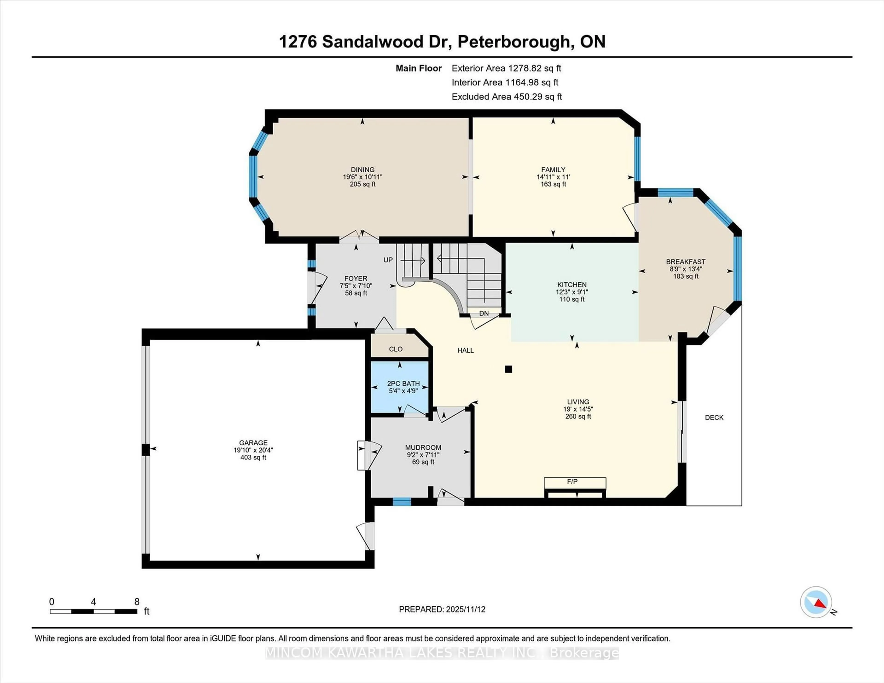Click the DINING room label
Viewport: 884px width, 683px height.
point(362,170)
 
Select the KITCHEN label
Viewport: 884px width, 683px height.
point(572,284)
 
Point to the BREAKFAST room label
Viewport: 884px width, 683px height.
point(685,262)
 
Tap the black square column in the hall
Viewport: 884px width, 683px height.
point(508,369)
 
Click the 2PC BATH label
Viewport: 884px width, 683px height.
point(403,384)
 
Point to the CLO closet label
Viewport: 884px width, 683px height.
point(395,349)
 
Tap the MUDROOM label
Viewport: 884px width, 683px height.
point(423,448)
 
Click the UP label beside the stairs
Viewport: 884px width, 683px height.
point(388,260)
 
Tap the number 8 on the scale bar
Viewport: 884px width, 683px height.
point(137,602)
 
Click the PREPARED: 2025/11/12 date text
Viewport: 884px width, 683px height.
point(442,609)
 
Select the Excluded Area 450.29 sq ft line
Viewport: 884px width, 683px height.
point(506,97)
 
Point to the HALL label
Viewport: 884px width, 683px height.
point(465,350)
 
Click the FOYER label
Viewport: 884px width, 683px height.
point(356,278)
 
